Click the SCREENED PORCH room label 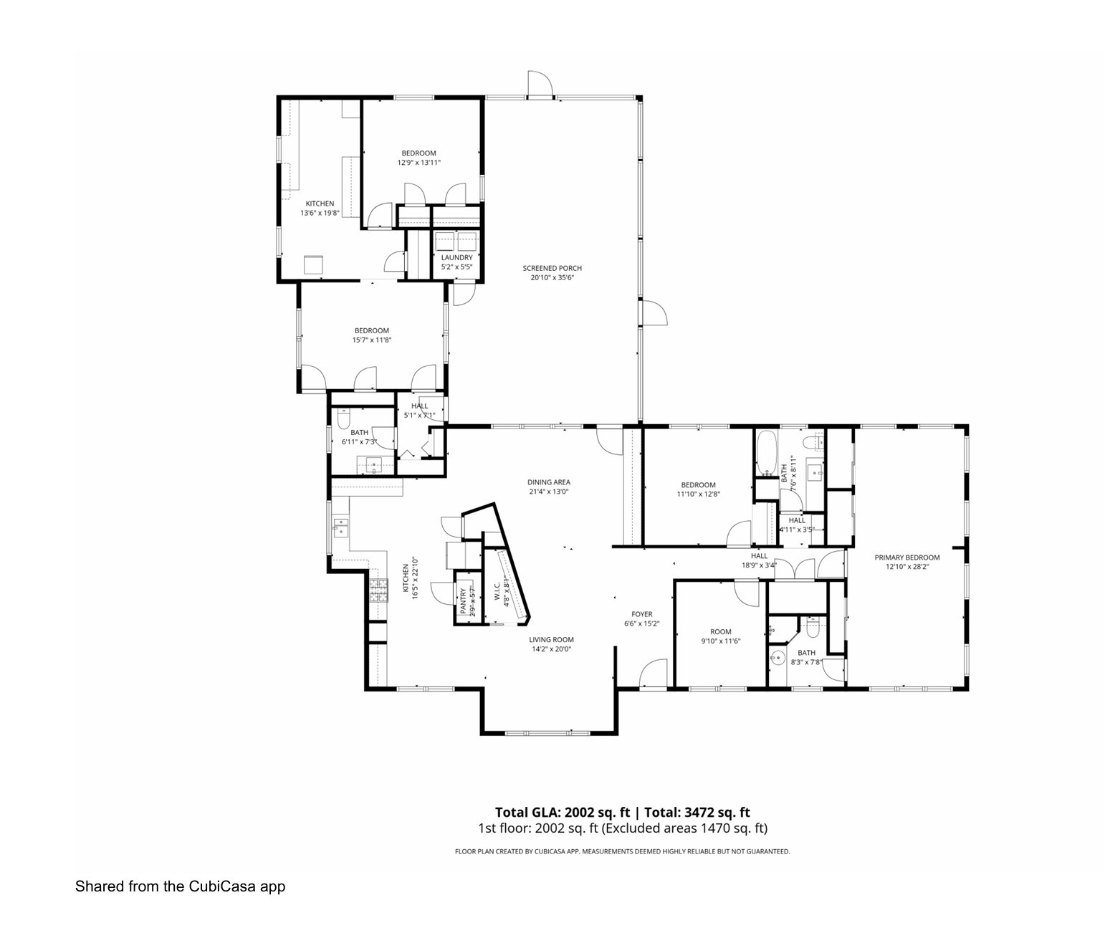pyautogui.click(x=552, y=268)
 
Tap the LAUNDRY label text pyautogui.click(x=456, y=257)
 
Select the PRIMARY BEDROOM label pyautogui.click(x=907, y=557)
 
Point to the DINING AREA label pyautogui.click(x=549, y=482)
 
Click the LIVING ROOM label pyautogui.click(x=551, y=640)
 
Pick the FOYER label pyautogui.click(x=641, y=614)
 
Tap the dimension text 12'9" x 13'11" pyautogui.click(x=418, y=163)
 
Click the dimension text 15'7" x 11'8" pyautogui.click(x=372, y=340)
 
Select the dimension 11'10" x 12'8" pyautogui.click(x=698, y=494)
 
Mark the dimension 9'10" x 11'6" pyautogui.click(x=720, y=641)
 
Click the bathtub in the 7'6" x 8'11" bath pyautogui.click(x=766, y=453)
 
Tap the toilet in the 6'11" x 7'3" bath pyautogui.click(x=343, y=418)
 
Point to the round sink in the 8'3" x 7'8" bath pyautogui.click(x=776, y=656)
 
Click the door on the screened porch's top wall pyautogui.click(x=540, y=84)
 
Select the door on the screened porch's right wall pyautogui.click(x=654, y=313)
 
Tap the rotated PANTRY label pyautogui.click(x=464, y=602)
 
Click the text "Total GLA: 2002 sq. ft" pyautogui.click(x=562, y=812)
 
